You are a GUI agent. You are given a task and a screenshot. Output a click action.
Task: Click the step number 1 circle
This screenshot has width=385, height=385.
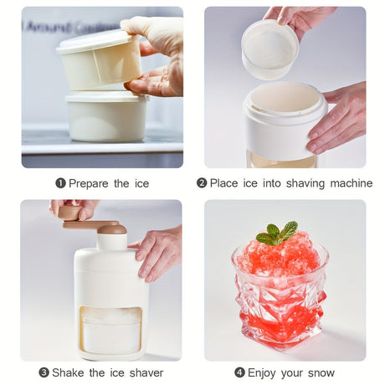coord(60,183)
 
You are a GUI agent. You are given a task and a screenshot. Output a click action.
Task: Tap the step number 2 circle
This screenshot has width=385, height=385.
coord(202,183)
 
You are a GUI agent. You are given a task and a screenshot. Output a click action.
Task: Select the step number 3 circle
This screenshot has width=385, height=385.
coord(44,372)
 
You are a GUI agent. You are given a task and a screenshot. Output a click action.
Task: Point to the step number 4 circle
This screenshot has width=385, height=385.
coord(239,372)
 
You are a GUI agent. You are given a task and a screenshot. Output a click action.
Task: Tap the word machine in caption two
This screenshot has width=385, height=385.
coord(352,183)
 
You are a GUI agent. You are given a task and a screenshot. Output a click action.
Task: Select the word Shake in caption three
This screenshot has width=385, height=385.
coord(68,372)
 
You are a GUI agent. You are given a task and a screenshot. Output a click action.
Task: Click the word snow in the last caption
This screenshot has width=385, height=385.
coord(321,373)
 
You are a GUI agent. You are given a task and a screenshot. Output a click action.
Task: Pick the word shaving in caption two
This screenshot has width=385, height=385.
coord(305,184)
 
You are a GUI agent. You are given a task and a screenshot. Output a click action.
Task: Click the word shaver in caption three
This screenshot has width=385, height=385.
coord(146,372)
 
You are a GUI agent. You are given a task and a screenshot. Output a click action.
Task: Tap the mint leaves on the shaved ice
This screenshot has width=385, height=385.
coord(277,234)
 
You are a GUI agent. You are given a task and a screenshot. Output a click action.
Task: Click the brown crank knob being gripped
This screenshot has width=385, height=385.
coord(69,213)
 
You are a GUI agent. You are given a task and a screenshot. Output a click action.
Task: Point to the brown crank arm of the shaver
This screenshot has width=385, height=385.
coord(91,224)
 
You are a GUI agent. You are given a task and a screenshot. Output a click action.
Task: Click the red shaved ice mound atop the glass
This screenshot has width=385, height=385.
coord(279,256)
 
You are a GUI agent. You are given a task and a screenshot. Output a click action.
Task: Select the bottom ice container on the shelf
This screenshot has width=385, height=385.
coord(106,116)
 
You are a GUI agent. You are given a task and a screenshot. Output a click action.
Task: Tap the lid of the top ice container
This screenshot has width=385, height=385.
coord(95,43)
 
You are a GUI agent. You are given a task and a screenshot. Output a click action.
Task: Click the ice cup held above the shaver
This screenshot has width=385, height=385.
coord(269,49)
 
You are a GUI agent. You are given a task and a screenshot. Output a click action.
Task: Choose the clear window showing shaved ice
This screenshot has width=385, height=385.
coord(110,331)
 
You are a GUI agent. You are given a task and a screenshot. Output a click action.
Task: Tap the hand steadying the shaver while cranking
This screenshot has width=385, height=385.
coord(157,253)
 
